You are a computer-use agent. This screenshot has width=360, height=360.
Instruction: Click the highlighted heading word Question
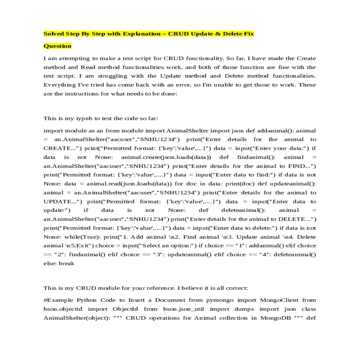(x=57, y=46)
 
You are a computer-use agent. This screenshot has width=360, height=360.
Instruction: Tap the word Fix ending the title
(x=249, y=34)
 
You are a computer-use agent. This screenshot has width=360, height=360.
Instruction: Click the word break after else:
(x=67, y=263)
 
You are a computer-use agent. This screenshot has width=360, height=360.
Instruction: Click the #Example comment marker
(x=58, y=300)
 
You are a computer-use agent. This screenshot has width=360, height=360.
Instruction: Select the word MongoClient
(x=279, y=300)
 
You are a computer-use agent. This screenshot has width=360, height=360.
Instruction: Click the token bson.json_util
(x=183, y=309)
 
